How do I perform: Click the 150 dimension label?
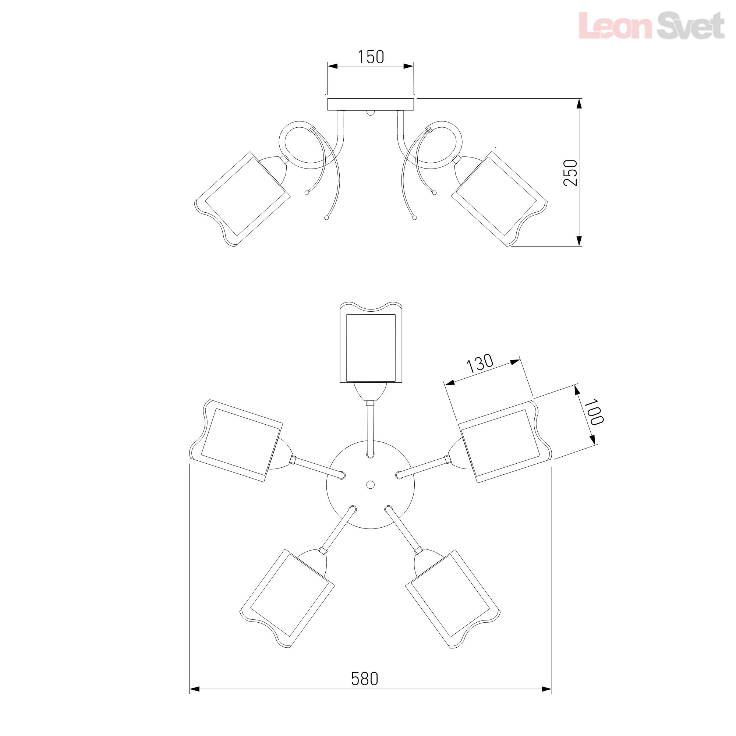[x=371, y=57]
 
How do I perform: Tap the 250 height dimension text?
[x=570, y=173]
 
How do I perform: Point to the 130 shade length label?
[x=480, y=364]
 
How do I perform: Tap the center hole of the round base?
[x=370, y=485]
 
